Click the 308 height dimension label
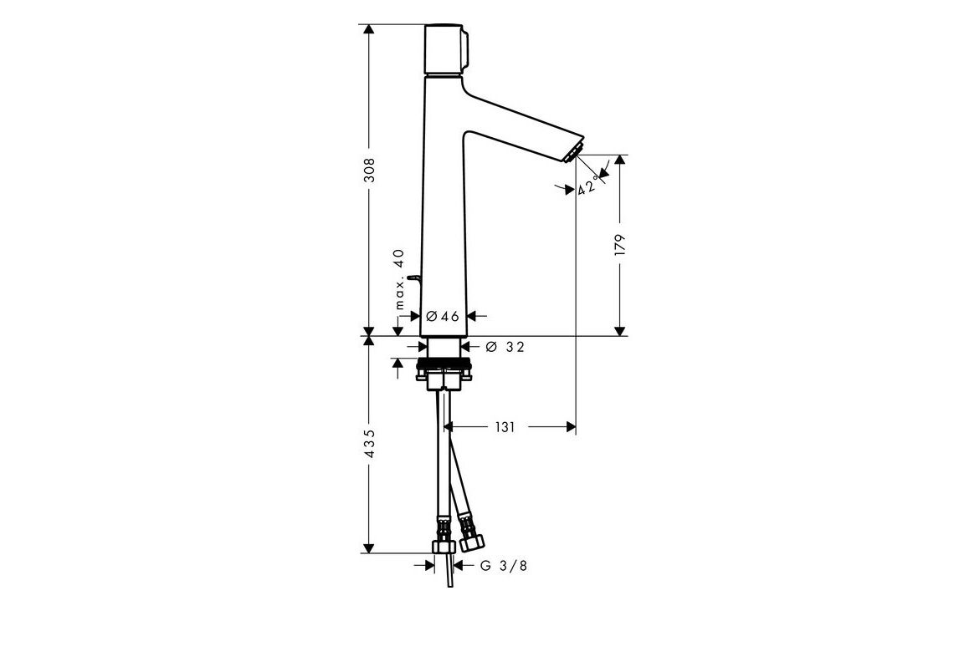[369, 171]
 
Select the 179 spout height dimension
[620, 245]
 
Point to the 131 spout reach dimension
[505, 427]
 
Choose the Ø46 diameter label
[443, 316]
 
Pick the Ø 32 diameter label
[505, 347]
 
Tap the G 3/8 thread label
[504, 566]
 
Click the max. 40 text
[399, 279]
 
